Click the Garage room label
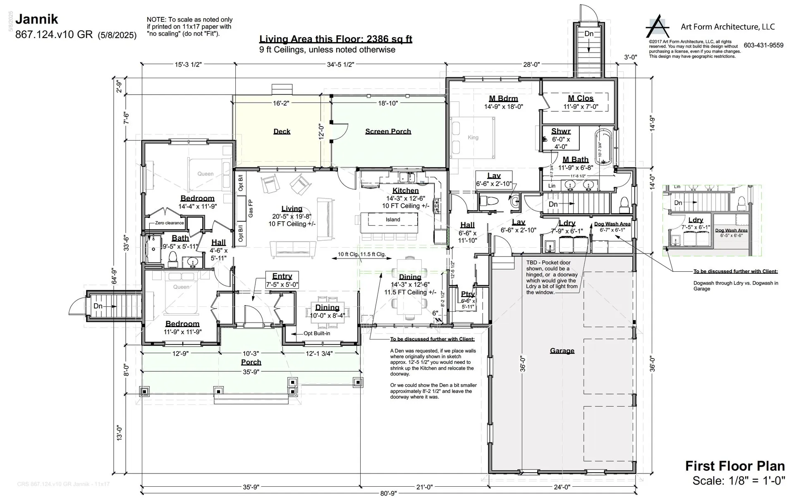(562, 351)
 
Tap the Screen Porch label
(388, 131)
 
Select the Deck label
(282, 131)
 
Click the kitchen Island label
(393, 220)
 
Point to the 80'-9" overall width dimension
(389, 493)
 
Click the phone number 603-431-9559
(763, 45)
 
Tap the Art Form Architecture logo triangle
(658, 27)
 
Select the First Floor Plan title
(735, 466)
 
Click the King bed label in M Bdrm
(473, 138)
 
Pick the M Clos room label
(581, 98)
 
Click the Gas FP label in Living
(251, 208)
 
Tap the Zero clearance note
(169, 223)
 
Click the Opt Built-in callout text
(316, 333)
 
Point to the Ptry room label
(468, 294)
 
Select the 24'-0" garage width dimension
(562, 487)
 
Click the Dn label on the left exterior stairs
(98, 306)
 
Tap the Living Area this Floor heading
(335, 39)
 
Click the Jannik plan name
(37, 19)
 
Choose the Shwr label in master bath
(561, 131)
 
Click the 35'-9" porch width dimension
(251, 372)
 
